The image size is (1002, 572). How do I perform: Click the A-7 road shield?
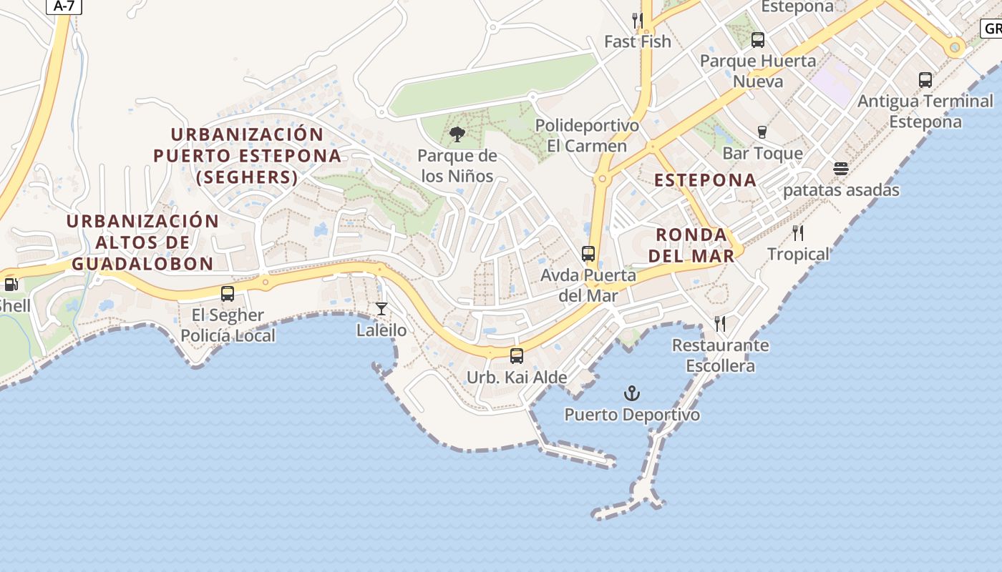(x=64, y=6)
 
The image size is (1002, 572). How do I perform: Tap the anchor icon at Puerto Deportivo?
(x=632, y=393)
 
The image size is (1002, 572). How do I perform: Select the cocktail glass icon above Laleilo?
(x=381, y=309)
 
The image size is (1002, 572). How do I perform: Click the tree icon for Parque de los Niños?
(x=457, y=134)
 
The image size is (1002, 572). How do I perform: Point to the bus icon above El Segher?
(x=228, y=293)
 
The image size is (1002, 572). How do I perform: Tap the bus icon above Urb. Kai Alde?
(x=516, y=355)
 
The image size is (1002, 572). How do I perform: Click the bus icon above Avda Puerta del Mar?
(x=588, y=253)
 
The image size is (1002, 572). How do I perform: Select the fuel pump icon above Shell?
(x=11, y=285)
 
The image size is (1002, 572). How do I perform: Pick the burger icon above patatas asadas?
(x=841, y=169)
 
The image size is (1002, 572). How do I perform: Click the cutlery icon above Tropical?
(x=798, y=232)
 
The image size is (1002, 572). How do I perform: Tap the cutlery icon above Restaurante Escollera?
(x=720, y=324)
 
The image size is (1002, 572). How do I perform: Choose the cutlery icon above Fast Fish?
(x=637, y=20)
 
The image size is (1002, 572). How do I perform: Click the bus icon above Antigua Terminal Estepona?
(x=925, y=79)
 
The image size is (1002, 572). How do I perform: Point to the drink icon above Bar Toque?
(x=762, y=132)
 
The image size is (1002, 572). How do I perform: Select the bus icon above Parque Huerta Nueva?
(x=758, y=39)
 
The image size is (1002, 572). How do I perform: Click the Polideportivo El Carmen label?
(x=587, y=136)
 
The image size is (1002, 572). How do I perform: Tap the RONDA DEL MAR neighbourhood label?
(x=696, y=245)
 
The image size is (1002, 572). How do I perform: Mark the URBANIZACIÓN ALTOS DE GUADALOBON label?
(x=142, y=242)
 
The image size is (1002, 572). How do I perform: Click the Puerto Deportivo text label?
(x=632, y=415)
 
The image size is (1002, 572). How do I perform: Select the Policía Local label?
(x=228, y=335)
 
